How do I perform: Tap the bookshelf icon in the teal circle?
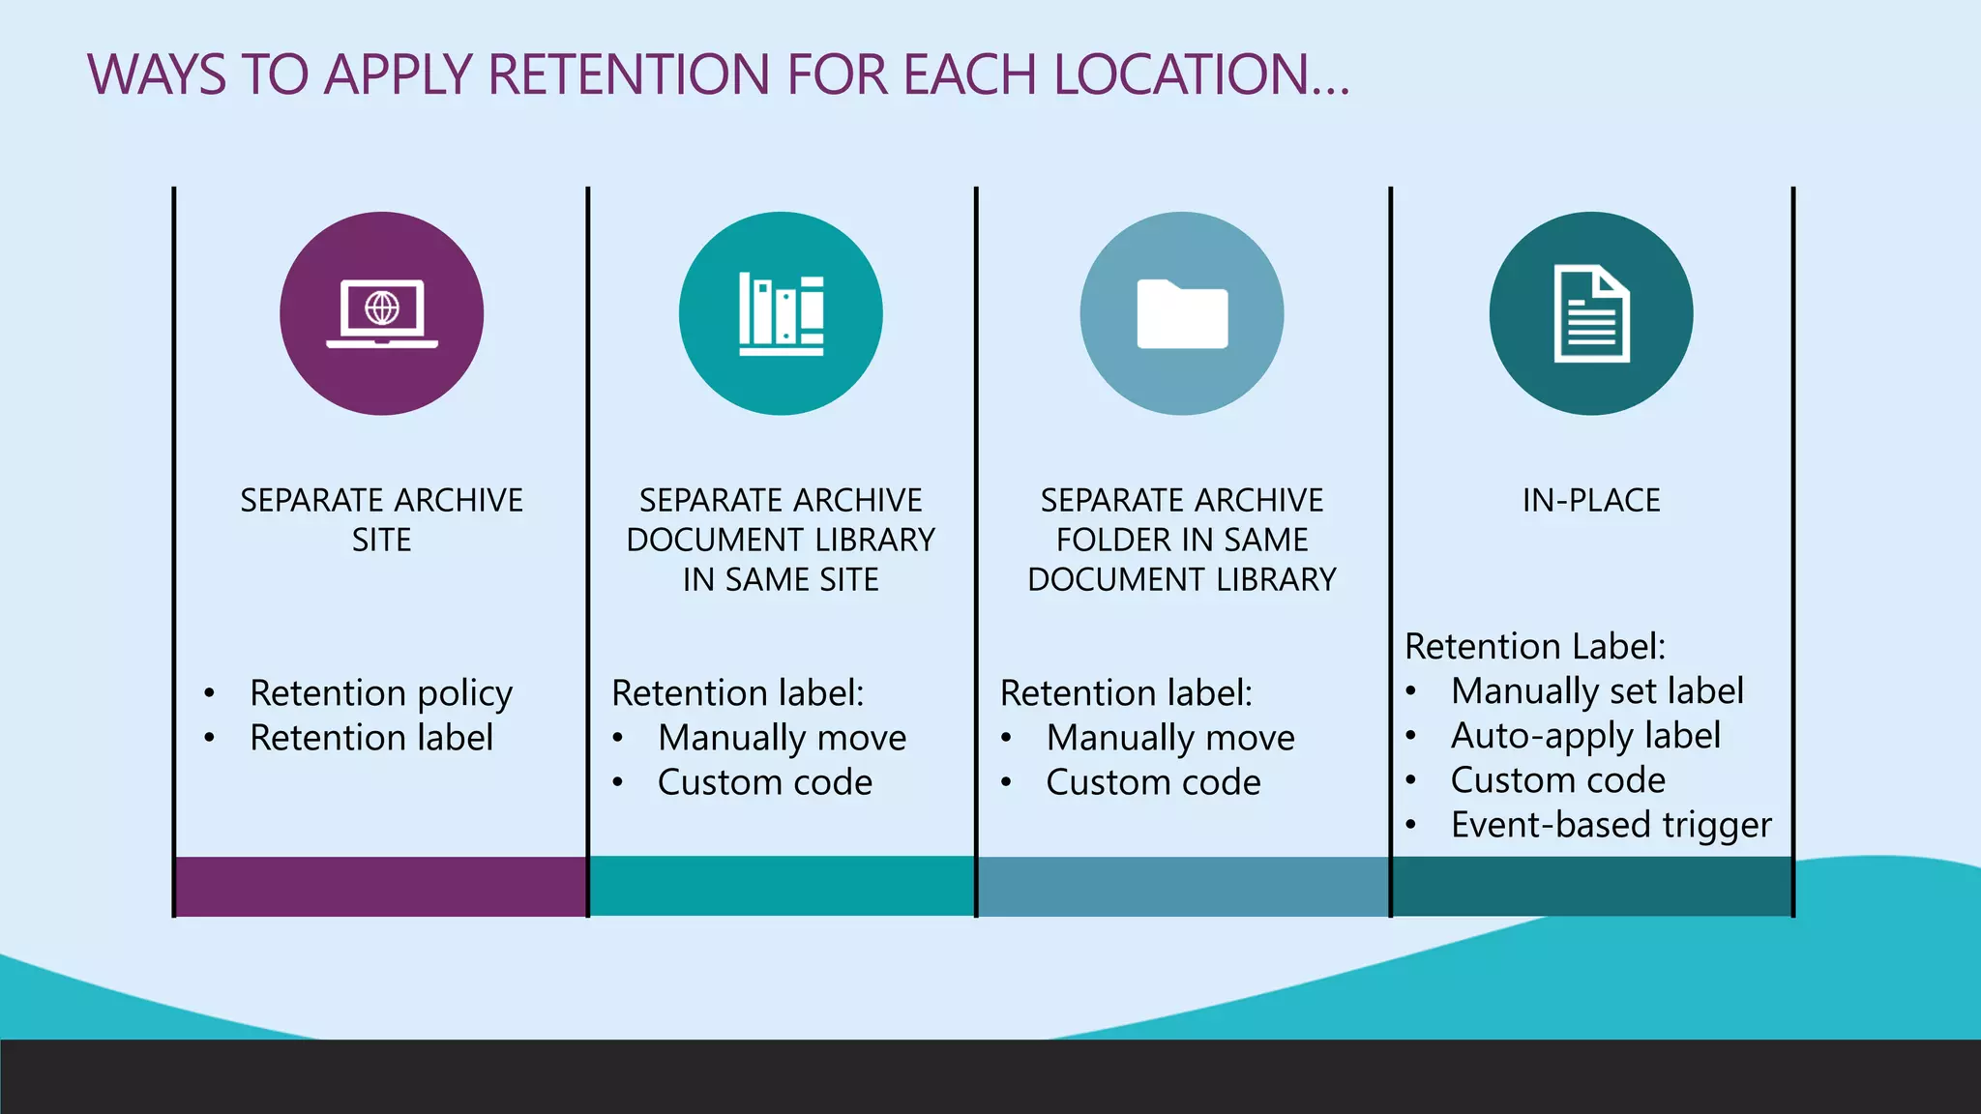(x=781, y=313)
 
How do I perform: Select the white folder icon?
(x=1182, y=313)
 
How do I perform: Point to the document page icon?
(x=1591, y=313)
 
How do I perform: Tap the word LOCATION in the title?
(x=1180, y=74)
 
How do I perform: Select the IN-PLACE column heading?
(x=1591, y=500)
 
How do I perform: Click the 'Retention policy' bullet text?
(x=381, y=692)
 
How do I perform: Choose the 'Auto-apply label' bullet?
(x=1585, y=736)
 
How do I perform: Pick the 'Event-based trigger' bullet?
(x=1611, y=825)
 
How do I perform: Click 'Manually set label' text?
(x=1597, y=691)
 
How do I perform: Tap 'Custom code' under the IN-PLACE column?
(x=1557, y=780)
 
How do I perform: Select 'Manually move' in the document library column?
(x=782, y=738)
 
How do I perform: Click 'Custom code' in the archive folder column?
(x=1153, y=782)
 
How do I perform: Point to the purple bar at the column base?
(x=381, y=886)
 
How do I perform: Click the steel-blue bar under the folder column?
(x=1183, y=886)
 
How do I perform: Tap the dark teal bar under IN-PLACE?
(x=1591, y=886)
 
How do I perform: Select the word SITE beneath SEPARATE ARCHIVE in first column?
(x=381, y=540)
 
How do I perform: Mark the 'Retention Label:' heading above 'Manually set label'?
(x=1535, y=646)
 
